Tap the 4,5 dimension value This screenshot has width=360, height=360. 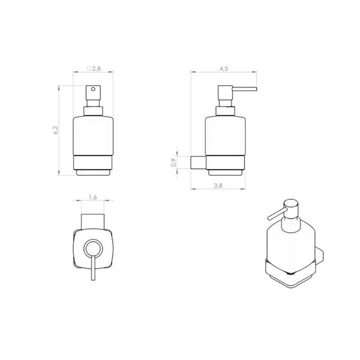(x=223, y=69)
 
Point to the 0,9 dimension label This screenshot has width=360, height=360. (x=175, y=162)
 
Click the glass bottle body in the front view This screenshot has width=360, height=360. (x=92, y=135)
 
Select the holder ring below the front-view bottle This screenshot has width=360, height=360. (x=92, y=163)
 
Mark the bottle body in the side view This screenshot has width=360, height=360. (x=225, y=135)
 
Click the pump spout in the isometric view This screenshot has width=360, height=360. (x=277, y=214)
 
